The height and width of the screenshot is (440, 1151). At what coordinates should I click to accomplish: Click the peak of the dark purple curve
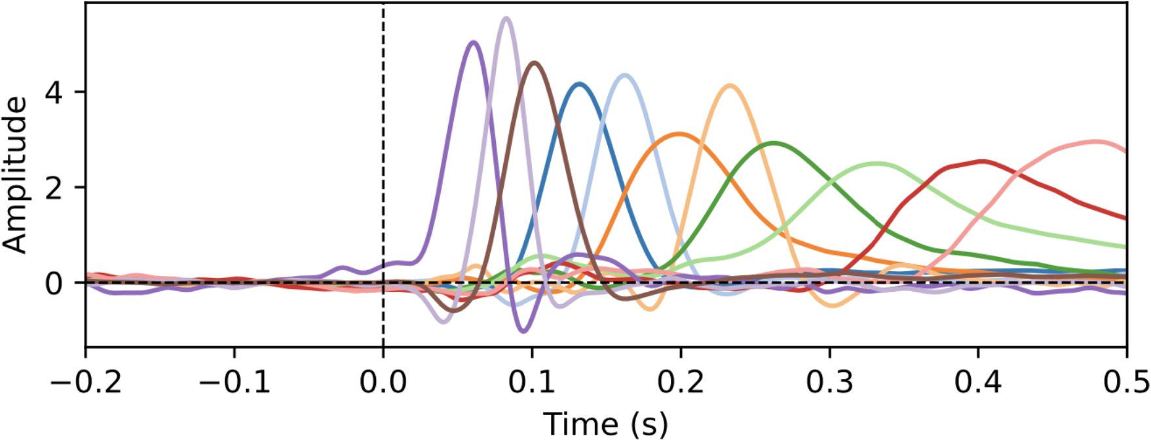pyautogui.click(x=474, y=43)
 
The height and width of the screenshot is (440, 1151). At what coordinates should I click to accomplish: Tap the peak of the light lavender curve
pyautogui.click(x=506, y=18)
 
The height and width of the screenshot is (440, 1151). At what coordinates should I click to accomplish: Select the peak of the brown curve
pyautogui.click(x=535, y=63)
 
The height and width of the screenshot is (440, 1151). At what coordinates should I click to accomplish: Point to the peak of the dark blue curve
pyautogui.click(x=579, y=84)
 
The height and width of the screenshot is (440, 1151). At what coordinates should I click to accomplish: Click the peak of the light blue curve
pyautogui.click(x=625, y=75)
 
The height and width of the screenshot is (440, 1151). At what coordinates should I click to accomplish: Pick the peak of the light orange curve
pyautogui.click(x=730, y=86)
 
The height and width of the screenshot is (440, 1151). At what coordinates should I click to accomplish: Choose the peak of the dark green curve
pyautogui.click(x=774, y=142)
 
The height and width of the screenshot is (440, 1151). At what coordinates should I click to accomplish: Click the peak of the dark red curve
pyautogui.click(x=981, y=161)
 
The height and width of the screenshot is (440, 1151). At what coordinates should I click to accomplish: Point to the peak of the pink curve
pyautogui.click(x=1094, y=141)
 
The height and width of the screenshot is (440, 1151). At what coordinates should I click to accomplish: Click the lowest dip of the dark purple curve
pyautogui.click(x=523, y=331)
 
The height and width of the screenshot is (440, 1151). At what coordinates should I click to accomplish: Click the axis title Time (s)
pyautogui.click(x=605, y=424)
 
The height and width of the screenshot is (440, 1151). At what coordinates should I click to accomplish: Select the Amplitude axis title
pyautogui.click(x=16, y=174)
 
